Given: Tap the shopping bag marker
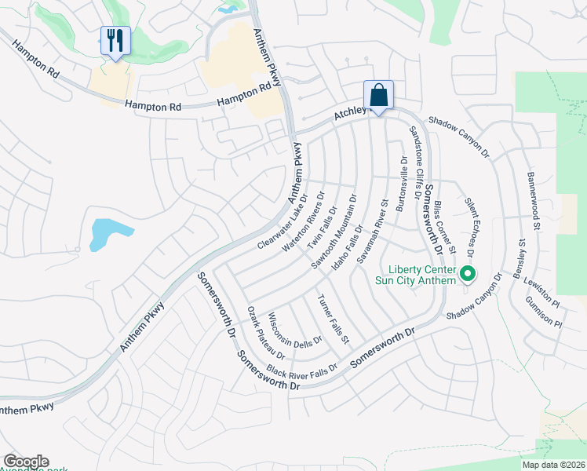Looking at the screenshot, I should pyautogui.click(x=378, y=95).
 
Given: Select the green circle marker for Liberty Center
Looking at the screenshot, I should pyautogui.click(x=468, y=275).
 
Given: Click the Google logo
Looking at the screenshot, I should pyautogui.click(x=26, y=462).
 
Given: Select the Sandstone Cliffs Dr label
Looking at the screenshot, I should pyautogui.click(x=417, y=156).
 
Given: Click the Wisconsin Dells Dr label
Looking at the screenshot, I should pyautogui.click(x=296, y=332).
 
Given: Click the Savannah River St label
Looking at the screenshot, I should pyautogui.click(x=373, y=231).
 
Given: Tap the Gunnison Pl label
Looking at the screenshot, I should pyautogui.click(x=543, y=312).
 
